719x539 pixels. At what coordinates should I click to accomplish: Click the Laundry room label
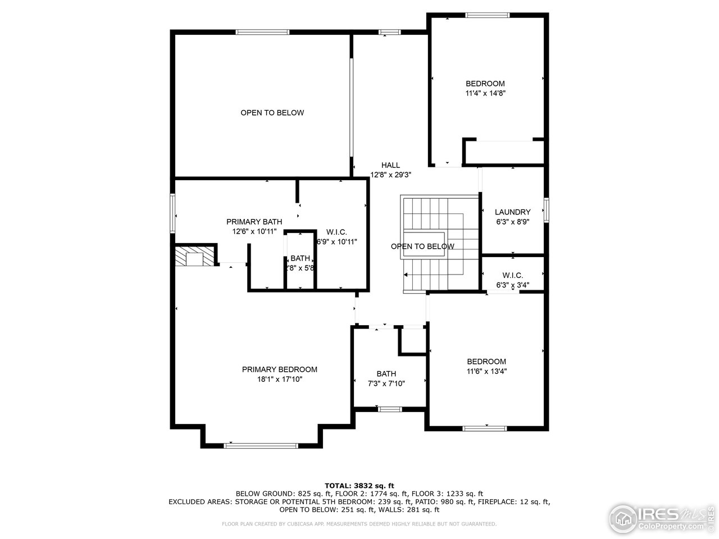[512, 212]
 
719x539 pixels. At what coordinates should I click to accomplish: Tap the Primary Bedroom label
[279, 369]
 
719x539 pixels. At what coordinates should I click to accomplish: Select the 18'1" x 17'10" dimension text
[279, 380]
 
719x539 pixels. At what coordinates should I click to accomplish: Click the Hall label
[390, 165]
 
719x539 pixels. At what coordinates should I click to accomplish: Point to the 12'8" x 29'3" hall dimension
[390, 175]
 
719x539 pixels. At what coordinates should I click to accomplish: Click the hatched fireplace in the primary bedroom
[195, 257]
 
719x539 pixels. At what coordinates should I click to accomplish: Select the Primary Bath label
[254, 222]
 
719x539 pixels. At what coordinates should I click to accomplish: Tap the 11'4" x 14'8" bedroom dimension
[486, 94]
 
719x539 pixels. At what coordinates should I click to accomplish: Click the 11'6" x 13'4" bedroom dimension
[486, 371]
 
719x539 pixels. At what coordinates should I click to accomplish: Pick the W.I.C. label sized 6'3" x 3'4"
[512, 275]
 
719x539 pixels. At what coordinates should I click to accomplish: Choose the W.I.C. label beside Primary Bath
[336, 232]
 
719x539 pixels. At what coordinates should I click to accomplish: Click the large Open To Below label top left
[272, 113]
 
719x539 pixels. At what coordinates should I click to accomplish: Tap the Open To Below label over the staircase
[422, 246]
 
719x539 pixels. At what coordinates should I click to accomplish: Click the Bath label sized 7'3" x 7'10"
[386, 374]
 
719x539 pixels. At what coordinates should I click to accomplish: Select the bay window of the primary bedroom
[261, 445]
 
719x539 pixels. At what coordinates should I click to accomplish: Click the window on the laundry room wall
[545, 211]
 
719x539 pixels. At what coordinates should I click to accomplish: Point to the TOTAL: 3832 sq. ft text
[359, 485]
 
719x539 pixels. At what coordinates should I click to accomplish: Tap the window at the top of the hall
[390, 32]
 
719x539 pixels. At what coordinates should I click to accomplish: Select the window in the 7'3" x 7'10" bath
[389, 409]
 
